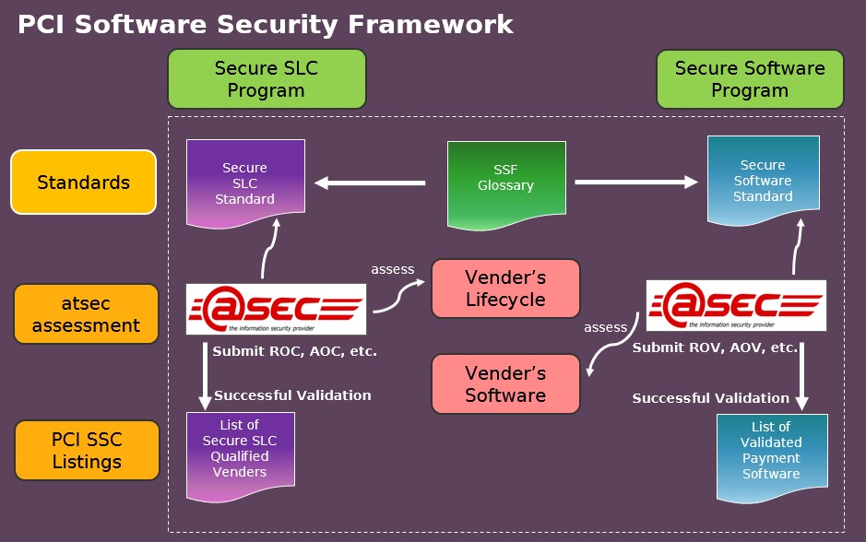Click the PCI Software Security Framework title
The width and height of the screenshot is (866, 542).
[265, 25]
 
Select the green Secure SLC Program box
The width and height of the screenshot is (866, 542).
[267, 79]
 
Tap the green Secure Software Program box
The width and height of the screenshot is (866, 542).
[750, 79]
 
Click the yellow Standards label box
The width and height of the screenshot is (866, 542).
[83, 182]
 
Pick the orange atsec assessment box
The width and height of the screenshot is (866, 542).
[86, 314]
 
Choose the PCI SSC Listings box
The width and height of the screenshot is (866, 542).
[87, 451]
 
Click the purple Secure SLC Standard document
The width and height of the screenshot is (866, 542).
[245, 183]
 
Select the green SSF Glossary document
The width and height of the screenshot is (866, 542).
[506, 185]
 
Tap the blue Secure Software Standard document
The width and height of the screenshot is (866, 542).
[764, 181]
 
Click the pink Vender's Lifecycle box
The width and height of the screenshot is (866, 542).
[505, 289]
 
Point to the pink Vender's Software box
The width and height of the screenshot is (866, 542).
[505, 384]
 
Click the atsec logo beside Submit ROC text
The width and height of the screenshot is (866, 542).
[276, 309]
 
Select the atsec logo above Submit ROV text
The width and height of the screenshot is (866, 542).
[736, 306]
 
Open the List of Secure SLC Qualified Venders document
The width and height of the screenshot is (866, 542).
[241, 457]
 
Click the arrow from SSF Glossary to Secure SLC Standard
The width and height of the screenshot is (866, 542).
[370, 183]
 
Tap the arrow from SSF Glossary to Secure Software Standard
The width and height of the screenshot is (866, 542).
[636, 183]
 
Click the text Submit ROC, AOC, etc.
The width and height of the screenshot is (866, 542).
[295, 351]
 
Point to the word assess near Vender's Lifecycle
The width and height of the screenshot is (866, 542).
[393, 269]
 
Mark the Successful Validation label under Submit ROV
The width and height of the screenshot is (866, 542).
[711, 398]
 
